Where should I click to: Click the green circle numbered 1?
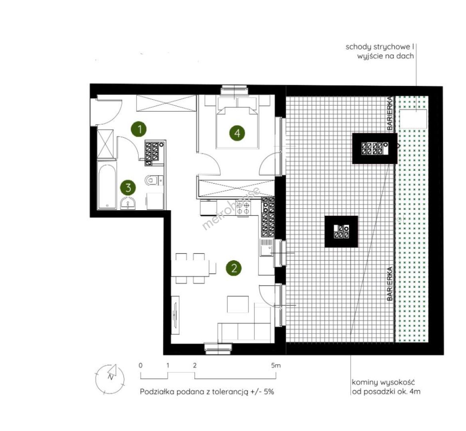[x=139, y=129]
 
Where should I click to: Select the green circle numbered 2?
[x=234, y=268]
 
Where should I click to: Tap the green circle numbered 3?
[x=128, y=188]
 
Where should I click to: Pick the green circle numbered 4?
[x=237, y=133]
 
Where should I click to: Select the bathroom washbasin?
[x=128, y=204]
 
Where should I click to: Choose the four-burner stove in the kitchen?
[x=244, y=208]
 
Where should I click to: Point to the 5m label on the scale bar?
[x=276, y=366]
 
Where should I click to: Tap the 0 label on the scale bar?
[x=141, y=366]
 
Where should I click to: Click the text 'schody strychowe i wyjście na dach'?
[x=380, y=51]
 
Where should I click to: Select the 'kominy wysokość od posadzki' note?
[x=386, y=387]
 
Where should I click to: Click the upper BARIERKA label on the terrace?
[x=390, y=113]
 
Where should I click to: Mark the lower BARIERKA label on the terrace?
[x=390, y=284]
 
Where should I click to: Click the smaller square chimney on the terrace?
[x=341, y=232]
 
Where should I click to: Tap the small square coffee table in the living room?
[x=238, y=304]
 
